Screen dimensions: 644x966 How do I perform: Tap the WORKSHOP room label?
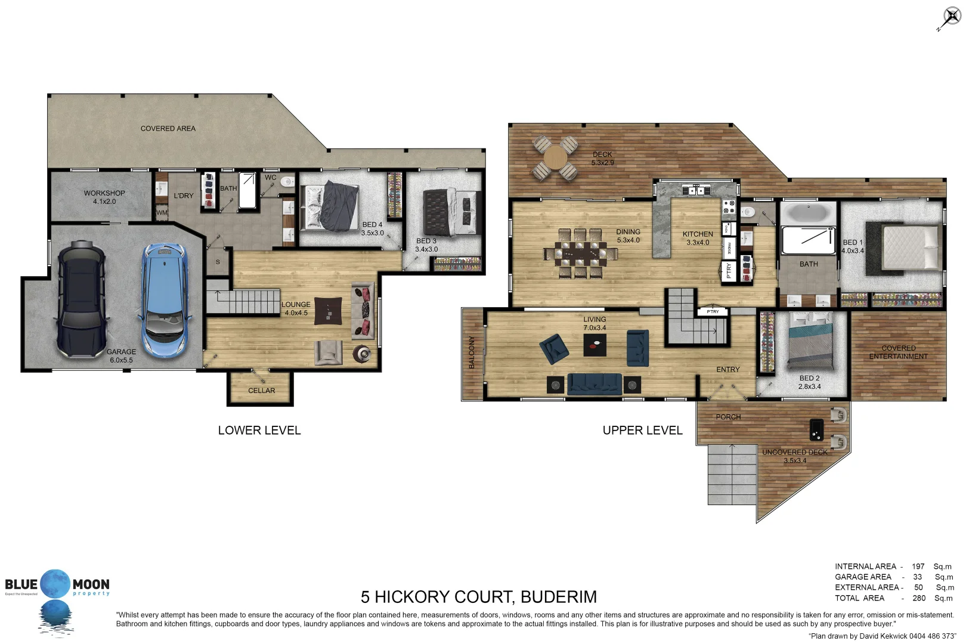104,193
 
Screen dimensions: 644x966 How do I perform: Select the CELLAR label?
261,391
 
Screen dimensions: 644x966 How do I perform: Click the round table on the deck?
555,158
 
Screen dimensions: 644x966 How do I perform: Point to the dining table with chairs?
580,253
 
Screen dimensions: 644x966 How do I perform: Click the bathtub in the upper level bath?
807,213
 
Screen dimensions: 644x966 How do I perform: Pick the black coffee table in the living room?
595,345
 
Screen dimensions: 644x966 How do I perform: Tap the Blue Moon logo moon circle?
55,584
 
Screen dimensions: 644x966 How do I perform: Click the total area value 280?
919,598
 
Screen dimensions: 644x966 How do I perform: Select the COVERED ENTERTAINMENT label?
898,352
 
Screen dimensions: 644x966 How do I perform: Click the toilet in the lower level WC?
287,182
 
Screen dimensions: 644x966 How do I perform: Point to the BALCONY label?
472,352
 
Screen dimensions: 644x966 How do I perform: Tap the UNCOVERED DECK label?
794,453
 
